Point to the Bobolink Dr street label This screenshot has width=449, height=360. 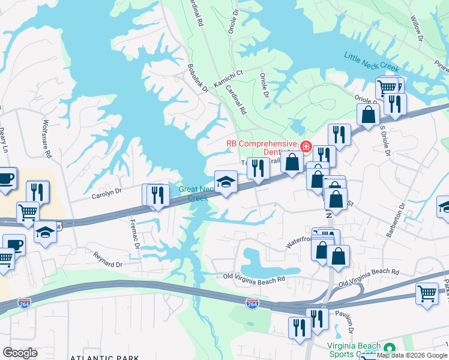click(x=197, y=79)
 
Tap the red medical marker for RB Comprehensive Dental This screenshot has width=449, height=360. click(x=306, y=146)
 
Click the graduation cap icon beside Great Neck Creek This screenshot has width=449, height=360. click(x=226, y=182)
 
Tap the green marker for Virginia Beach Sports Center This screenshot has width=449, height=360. click(x=390, y=349)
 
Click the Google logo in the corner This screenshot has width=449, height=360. click(x=20, y=353)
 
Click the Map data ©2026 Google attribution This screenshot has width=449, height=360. click(x=412, y=355)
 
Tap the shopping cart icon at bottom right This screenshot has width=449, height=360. click(x=427, y=295)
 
